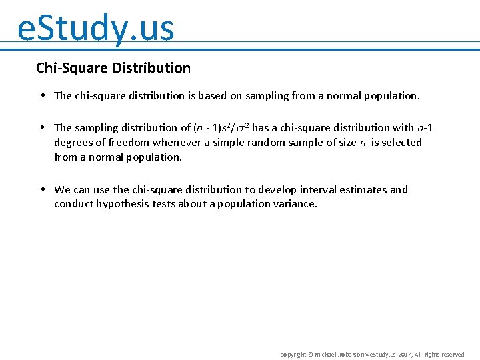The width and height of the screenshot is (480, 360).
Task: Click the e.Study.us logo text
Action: coord(95,28)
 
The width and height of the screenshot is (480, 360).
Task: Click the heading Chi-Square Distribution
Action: coord(113,68)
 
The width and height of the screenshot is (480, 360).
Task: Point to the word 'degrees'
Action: coord(73,143)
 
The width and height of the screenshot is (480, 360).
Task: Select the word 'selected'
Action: coord(402,143)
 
